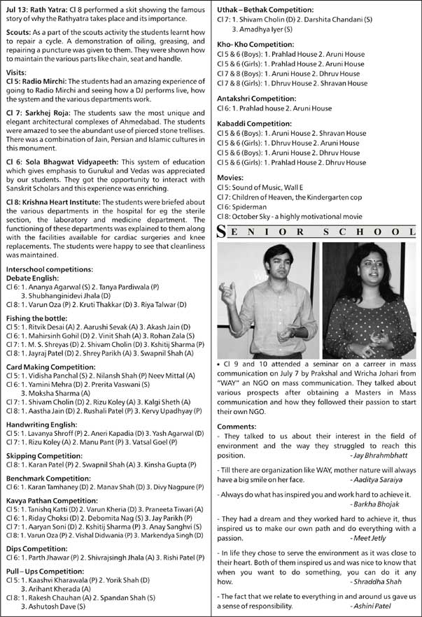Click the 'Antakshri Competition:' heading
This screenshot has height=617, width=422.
point(257,99)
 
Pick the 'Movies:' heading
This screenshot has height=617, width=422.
point(231,178)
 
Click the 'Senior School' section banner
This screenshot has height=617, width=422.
point(316,232)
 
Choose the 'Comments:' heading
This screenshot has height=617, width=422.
point(237,426)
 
